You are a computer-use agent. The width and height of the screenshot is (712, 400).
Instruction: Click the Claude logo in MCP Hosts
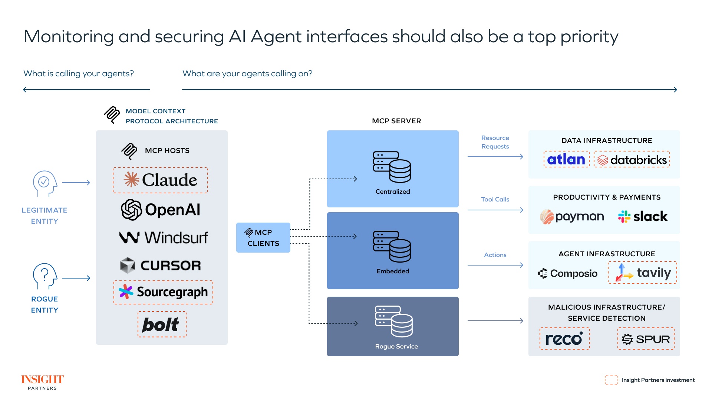tap(160, 180)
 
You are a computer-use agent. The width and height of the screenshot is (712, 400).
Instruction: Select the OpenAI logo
tap(160, 210)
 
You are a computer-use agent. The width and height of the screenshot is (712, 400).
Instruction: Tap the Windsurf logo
tap(163, 237)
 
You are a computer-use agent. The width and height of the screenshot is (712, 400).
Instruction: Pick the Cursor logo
tap(160, 265)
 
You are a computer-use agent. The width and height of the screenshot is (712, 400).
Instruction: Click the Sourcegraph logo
tap(163, 292)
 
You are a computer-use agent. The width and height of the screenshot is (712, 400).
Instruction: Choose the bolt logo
tap(161, 324)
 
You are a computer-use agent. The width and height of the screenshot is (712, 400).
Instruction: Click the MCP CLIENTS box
tap(263, 238)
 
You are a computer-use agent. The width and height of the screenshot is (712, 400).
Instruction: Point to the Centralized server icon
tap(392, 167)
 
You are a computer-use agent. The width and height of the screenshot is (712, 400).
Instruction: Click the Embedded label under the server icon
tap(392, 271)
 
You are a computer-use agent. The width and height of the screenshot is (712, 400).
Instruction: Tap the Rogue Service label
tap(396, 346)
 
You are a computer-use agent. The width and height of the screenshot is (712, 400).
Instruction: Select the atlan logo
tap(566, 159)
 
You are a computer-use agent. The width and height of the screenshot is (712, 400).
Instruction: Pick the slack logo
tap(643, 216)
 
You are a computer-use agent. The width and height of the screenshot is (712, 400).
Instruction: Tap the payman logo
tap(572, 217)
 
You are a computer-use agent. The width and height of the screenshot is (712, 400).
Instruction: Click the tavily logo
tap(642, 273)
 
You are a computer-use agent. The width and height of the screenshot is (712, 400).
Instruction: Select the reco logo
tap(564, 339)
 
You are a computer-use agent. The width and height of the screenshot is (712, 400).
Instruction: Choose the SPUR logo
tap(646, 339)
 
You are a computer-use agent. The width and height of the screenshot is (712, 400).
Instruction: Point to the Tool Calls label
tap(495, 199)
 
